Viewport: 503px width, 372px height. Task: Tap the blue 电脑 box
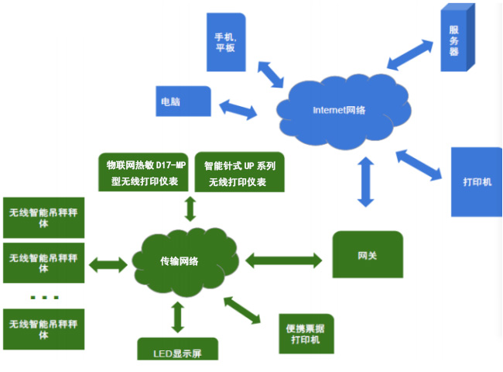pos(183,102)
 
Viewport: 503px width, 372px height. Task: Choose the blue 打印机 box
pos(476,183)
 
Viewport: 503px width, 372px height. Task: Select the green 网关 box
pos(368,254)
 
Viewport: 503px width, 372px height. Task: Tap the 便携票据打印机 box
pos(306,334)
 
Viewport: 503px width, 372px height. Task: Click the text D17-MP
pos(171,166)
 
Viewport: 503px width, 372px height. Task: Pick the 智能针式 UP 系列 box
pos(240,173)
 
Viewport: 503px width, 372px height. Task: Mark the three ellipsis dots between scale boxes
pos(44,298)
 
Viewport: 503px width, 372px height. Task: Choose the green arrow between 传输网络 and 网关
pos(283,258)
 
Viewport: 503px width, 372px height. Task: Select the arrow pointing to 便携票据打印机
pos(247,308)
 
